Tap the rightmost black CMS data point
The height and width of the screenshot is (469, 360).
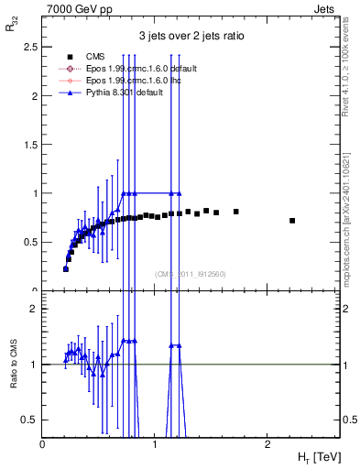[x=292, y=220]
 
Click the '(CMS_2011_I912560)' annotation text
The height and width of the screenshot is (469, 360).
[x=191, y=273]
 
